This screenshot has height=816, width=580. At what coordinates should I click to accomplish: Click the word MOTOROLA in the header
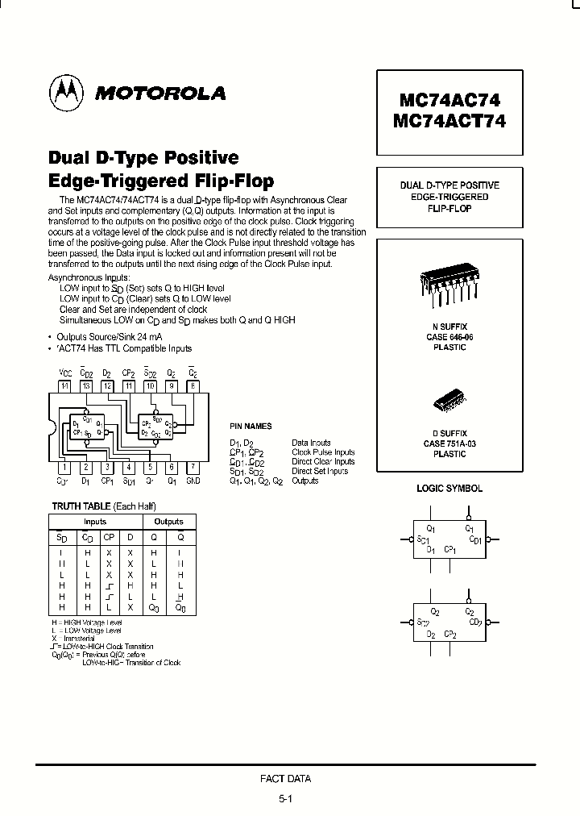pyautogui.click(x=160, y=94)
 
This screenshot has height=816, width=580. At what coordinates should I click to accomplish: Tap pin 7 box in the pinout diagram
pyautogui.click(x=193, y=467)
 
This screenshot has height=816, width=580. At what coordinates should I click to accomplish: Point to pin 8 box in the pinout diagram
pyautogui.click(x=193, y=386)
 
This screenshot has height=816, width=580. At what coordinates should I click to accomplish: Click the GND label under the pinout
pyautogui.click(x=193, y=481)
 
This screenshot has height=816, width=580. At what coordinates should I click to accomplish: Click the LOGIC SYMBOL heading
pyautogui.click(x=449, y=489)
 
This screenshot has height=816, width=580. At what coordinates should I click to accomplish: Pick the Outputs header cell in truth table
pyautogui.click(x=169, y=522)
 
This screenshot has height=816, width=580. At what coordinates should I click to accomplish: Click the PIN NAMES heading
pyautogui.click(x=251, y=427)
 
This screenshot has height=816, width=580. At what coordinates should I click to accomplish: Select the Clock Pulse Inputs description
pyautogui.click(x=323, y=452)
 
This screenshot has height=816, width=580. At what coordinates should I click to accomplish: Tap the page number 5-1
pyautogui.click(x=285, y=799)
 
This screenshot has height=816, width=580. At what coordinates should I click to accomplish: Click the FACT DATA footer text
pyautogui.click(x=285, y=779)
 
